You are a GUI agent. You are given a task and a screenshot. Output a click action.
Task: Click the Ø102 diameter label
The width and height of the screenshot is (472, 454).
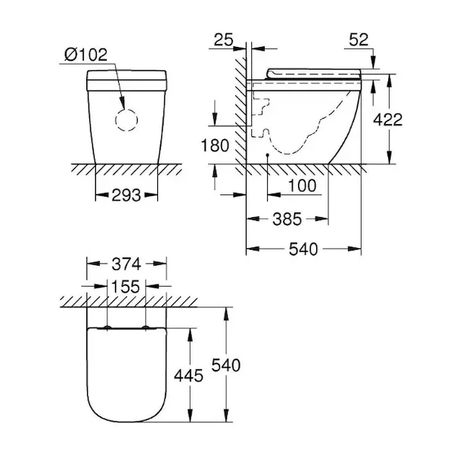(85, 54)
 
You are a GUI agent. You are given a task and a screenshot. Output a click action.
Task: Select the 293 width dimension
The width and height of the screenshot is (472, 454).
(126, 195)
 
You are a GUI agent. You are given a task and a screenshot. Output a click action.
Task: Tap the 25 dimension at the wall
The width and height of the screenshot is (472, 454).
(223, 40)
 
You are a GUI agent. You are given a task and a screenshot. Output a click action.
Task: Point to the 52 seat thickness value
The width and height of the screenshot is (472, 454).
(359, 40)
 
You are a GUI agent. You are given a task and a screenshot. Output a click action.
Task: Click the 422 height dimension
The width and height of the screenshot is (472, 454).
(388, 120)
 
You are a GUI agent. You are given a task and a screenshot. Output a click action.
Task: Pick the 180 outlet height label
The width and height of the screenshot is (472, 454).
(215, 146)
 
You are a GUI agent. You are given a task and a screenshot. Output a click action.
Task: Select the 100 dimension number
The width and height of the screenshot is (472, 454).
(303, 185)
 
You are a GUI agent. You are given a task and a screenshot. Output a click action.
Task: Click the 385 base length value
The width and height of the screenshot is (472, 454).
(287, 219)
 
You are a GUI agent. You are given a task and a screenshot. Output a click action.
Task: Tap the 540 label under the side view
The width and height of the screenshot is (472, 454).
(303, 249)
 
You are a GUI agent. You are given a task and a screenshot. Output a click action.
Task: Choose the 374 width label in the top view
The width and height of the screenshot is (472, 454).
(126, 264)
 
